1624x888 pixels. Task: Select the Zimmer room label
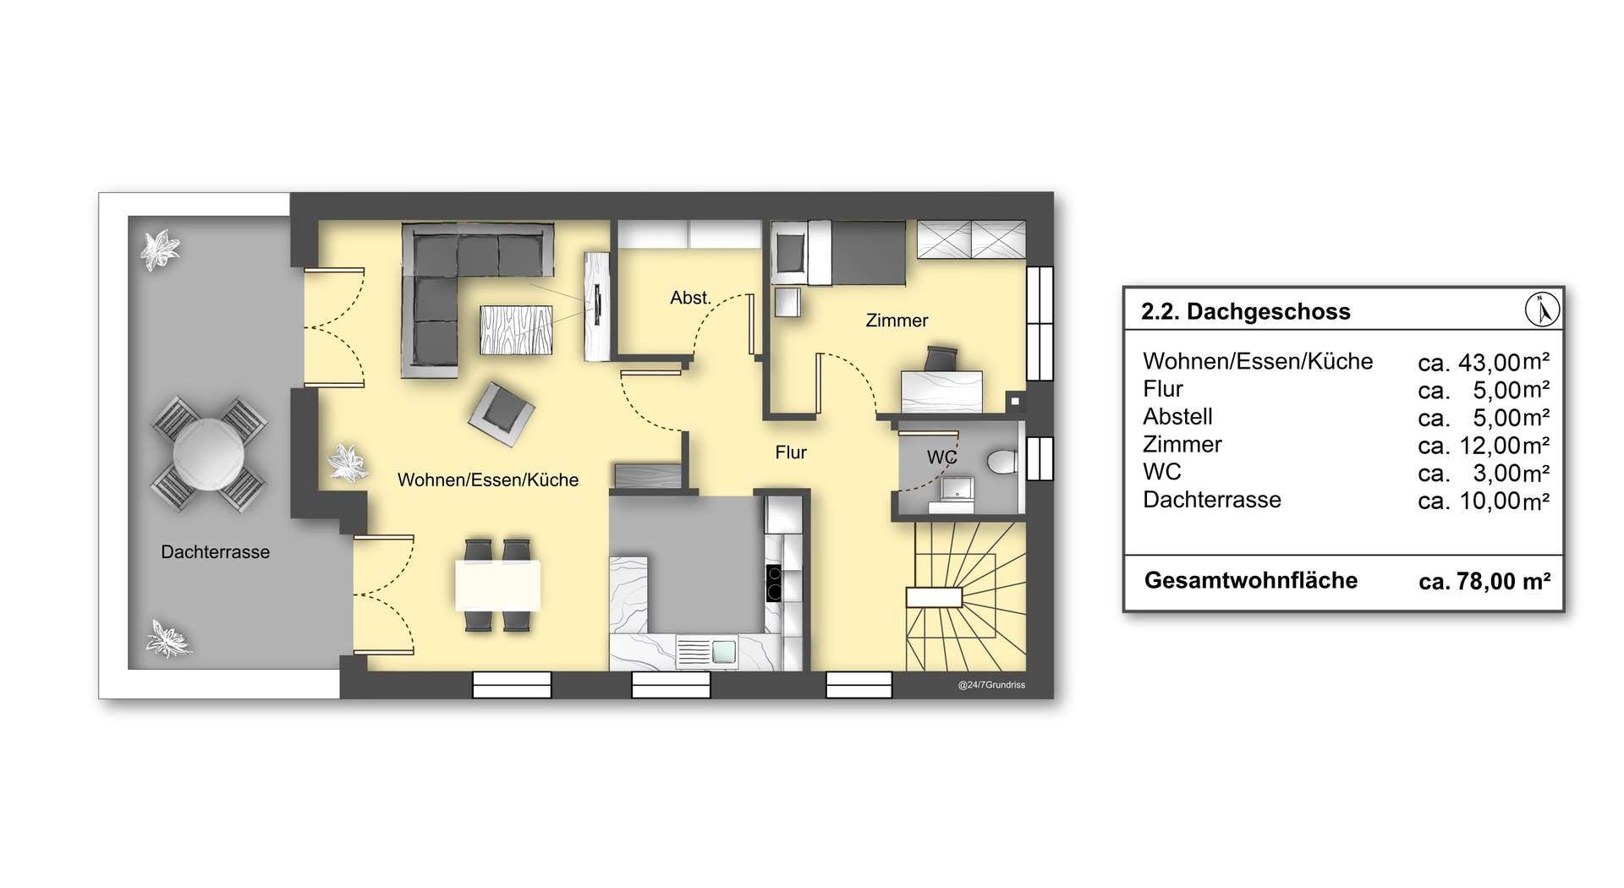pyautogui.click(x=897, y=321)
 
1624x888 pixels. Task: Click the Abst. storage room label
pyautogui.click(x=690, y=298)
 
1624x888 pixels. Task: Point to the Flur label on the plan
pyautogui.click(x=791, y=452)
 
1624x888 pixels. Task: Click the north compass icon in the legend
pyautogui.click(x=1542, y=310)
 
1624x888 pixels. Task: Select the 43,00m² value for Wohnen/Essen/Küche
pyautogui.click(x=1484, y=362)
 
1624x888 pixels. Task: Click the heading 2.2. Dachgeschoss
pyautogui.click(x=1246, y=311)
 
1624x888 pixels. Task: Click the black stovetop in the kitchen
pyautogui.click(x=774, y=583)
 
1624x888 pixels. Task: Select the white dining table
pyautogui.click(x=497, y=585)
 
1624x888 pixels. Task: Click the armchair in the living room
pyautogui.click(x=502, y=414)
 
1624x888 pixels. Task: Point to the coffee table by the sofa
pyautogui.click(x=516, y=330)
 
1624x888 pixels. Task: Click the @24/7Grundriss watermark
pyautogui.click(x=991, y=685)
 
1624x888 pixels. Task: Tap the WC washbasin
pyautogui.click(x=959, y=488)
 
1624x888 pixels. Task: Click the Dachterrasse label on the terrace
pyautogui.click(x=216, y=552)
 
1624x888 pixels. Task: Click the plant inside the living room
pyautogui.click(x=347, y=463)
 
